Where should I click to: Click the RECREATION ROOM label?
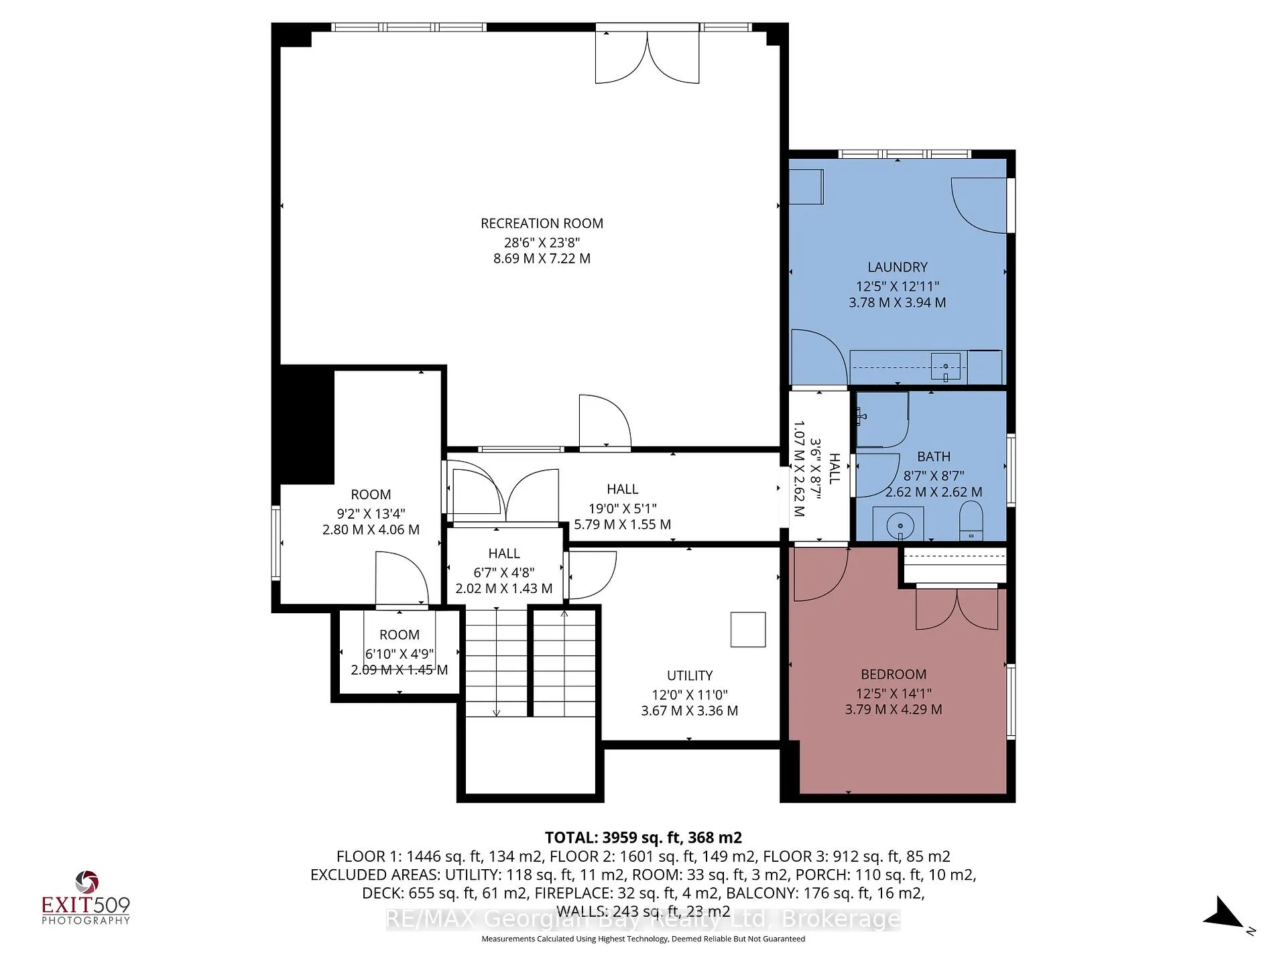(x=542, y=223)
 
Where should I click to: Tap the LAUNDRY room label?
(x=897, y=267)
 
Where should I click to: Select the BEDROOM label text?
(x=894, y=674)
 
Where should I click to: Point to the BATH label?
(x=933, y=456)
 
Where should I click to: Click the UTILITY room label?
(x=689, y=675)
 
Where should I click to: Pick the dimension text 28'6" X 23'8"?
(x=542, y=242)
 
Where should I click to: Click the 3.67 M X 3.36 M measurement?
(x=689, y=710)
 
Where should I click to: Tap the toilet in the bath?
(x=971, y=521)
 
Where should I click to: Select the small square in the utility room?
(x=748, y=629)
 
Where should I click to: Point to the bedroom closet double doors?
(x=957, y=608)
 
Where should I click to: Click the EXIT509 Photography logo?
(x=86, y=899)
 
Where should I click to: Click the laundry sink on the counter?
(x=945, y=367)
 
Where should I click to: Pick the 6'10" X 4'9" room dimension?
(x=400, y=653)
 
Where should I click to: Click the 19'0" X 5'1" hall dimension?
(x=623, y=508)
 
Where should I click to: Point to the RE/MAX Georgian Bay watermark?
(x=643, y=919)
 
